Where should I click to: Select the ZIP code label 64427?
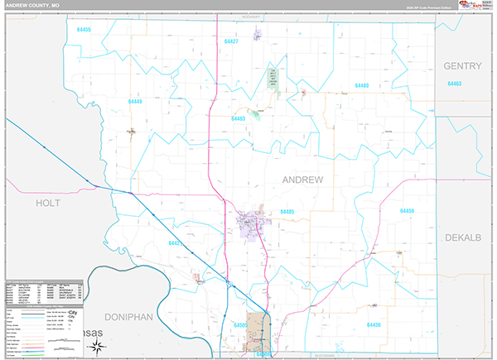click(x=231, y=41)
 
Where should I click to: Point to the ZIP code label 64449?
click(x=135, y=102)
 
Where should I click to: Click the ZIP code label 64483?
click(x=238, y=118)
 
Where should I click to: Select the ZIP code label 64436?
click(x=374, y=325)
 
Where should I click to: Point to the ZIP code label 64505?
click(x=240, y=325)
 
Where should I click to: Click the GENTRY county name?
click(x=462, y=65)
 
